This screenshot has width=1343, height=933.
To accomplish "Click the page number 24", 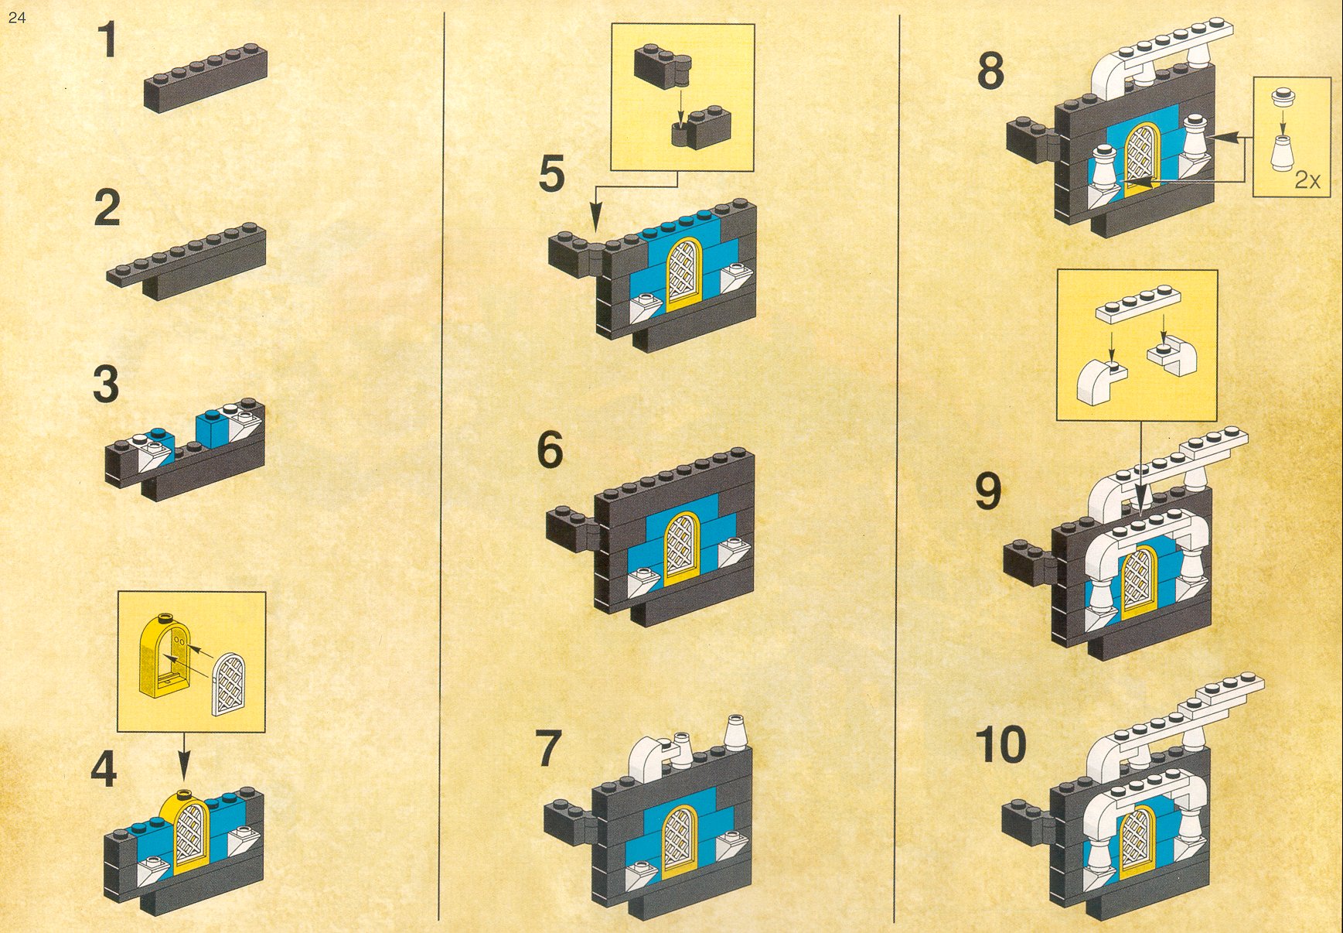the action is coord(17,17).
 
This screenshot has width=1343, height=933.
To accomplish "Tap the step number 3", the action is coord(106,384).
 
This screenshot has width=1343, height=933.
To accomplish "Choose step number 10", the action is coord(1000,744).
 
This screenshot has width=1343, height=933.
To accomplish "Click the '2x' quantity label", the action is coord(1307,180).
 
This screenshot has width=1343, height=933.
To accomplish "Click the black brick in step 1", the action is coord(206,77).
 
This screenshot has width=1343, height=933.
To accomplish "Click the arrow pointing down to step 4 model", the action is coord(183,755).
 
